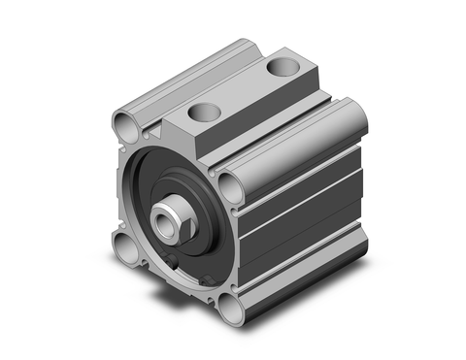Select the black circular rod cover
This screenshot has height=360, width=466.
[160, 184]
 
